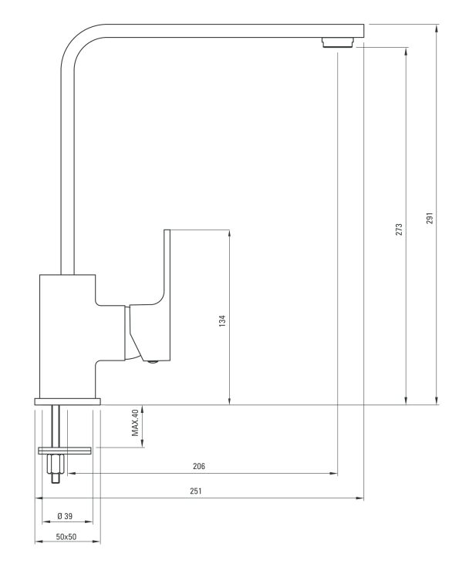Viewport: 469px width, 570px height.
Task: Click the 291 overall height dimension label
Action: tap(430, 218)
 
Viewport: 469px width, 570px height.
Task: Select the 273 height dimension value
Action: tap(399, 230)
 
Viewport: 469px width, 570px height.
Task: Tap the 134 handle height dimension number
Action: tap(222, 321)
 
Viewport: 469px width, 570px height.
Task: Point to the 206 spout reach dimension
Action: tap(199, 466)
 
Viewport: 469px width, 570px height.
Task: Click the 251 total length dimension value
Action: tap(195, 491)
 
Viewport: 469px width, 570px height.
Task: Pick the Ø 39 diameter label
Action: tap(65, 516)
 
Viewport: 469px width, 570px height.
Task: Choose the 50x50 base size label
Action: tap(66, 537)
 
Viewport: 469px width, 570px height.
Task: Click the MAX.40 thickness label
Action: tap(135, 423)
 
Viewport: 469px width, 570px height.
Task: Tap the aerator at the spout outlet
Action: tap(338, 42)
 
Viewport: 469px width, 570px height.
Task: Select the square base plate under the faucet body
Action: tap(68, 401)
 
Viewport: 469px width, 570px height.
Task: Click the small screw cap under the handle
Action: tap(153, 362)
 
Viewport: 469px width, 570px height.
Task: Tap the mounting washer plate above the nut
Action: tap(65, 451)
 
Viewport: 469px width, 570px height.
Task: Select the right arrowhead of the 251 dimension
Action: tap(359, 498)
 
